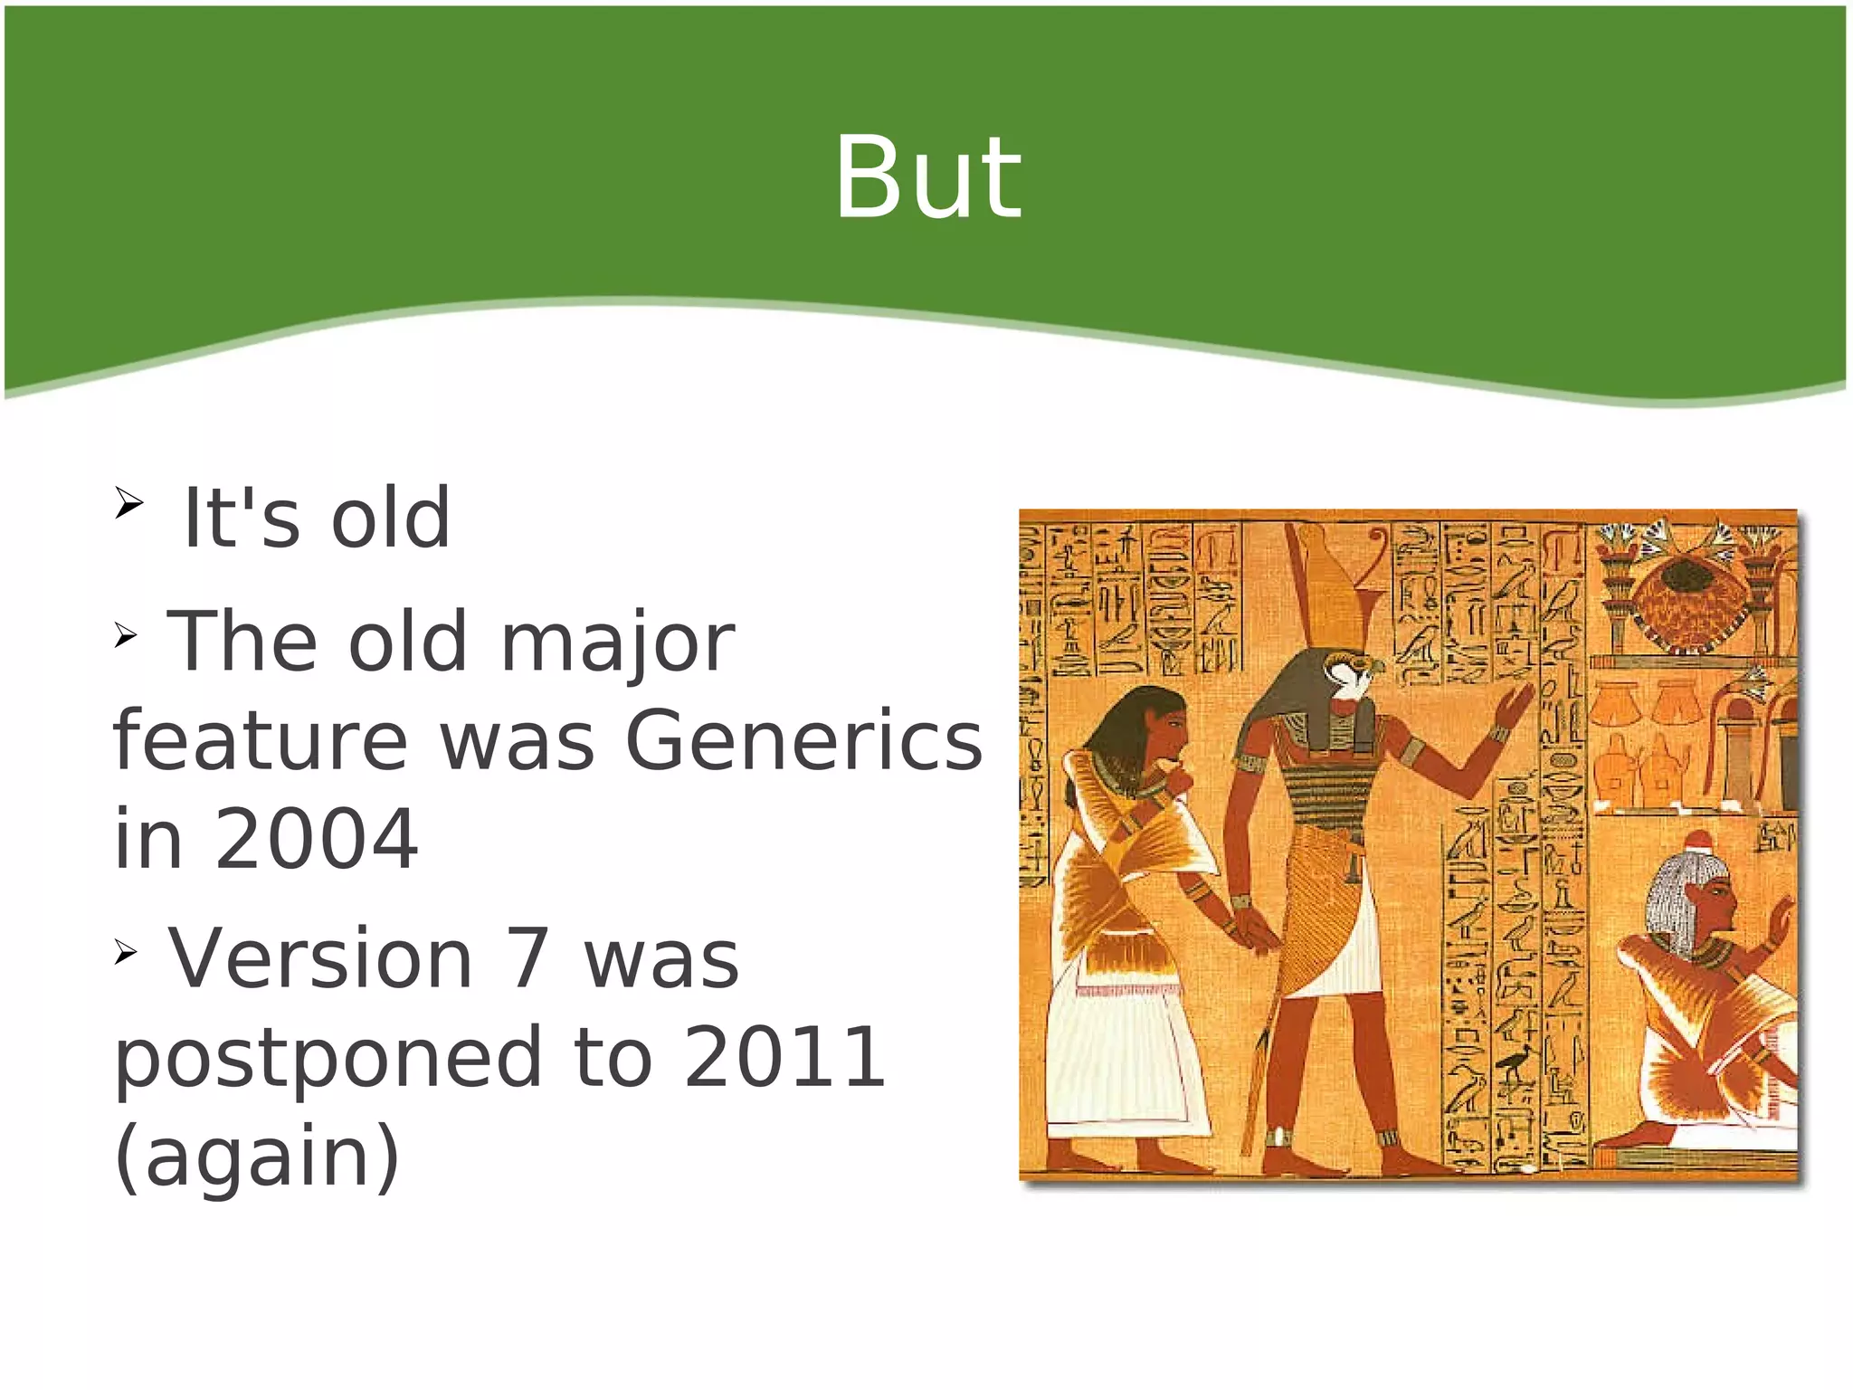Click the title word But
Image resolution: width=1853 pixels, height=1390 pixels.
click(927, 177)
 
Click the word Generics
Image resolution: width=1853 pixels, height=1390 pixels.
click(803, 740)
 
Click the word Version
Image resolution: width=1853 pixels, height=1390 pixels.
click(321, 958)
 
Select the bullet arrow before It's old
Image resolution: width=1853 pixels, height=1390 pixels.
click(128, 503)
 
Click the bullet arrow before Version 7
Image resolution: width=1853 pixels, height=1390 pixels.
click(125, 952)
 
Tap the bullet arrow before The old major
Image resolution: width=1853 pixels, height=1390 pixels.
click(125, 636)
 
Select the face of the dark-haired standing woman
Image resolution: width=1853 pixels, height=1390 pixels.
click(1167, 729)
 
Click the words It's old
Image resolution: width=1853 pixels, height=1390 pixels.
click(316, 519)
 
